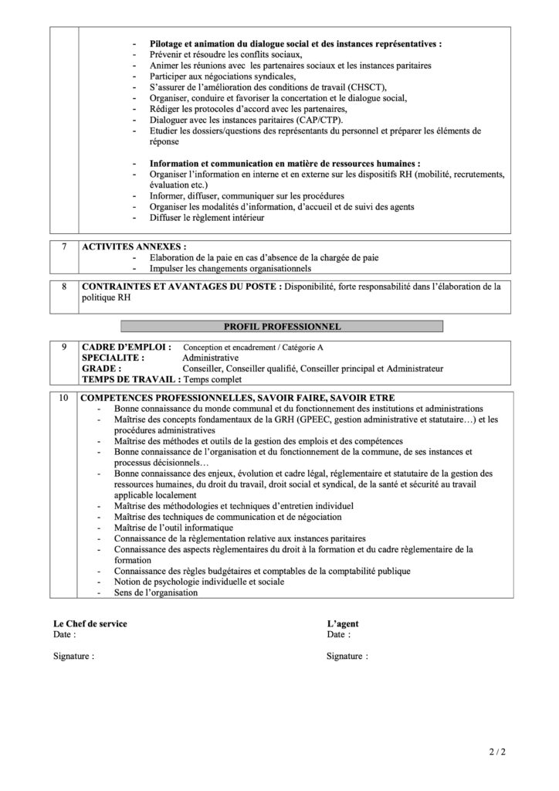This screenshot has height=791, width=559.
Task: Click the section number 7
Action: point(64,246)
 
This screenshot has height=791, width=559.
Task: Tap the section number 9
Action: point(64,348)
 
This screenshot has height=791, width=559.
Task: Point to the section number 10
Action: point(64,398)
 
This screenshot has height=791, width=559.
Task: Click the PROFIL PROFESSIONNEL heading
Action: point(282,327)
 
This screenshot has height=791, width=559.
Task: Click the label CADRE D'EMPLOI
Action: point(127,348)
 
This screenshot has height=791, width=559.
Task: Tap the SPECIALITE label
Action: point(113,358)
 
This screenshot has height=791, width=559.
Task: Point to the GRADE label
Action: point(102,369)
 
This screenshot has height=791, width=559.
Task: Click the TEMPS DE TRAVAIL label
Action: point(129,380)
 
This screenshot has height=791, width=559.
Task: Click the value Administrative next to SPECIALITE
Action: point(211,358)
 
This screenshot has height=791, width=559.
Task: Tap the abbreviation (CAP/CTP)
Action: point(320,120)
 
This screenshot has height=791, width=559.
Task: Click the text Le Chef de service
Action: point(90,623)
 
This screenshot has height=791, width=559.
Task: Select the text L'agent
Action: point(343,623)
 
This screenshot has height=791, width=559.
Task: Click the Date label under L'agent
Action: point(338,634)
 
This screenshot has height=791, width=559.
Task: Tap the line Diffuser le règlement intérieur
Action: point(207,218)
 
